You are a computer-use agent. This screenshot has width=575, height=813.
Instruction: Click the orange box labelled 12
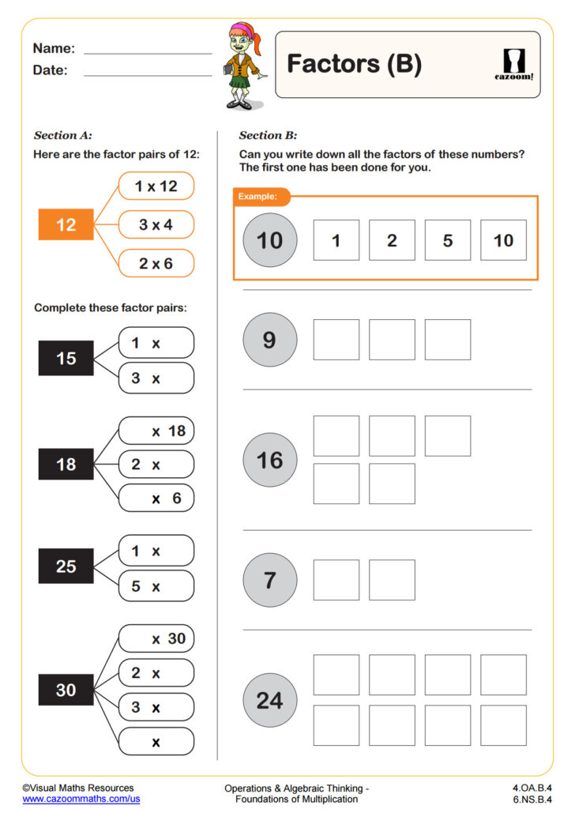66,225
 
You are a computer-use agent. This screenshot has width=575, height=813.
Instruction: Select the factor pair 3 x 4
156,225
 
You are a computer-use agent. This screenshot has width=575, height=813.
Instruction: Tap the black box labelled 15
66,359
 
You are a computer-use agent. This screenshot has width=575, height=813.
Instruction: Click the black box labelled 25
66,566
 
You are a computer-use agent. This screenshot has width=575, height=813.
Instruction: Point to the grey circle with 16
269,460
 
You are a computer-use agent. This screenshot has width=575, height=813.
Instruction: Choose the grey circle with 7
269,581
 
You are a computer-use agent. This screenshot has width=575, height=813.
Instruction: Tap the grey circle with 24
269,700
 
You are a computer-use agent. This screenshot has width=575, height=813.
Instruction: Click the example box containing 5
447,240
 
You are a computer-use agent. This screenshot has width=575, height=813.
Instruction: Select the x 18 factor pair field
156,431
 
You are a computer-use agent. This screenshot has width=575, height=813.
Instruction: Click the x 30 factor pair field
156,638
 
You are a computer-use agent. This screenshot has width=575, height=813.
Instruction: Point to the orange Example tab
261,196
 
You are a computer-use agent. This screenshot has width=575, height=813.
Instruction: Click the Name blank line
148,52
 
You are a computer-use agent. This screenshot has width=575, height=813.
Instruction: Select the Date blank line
148,75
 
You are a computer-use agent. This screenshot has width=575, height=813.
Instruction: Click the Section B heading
268,135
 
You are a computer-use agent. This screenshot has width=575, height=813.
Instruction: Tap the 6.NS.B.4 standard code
532,800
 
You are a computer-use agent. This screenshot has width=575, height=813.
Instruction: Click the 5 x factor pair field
156,586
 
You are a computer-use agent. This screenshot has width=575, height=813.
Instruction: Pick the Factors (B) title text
354,64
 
